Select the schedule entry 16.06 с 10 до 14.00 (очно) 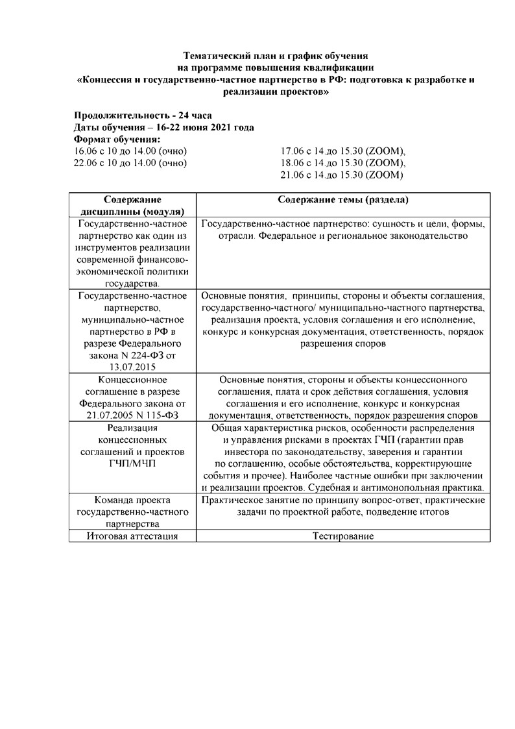tap(130, 151)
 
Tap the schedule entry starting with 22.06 tap(130, 163)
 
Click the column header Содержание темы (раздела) tap(343, 199)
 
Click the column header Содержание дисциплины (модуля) tap(132, 205)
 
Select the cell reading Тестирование tap(343, 536)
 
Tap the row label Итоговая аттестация tap(132, 536)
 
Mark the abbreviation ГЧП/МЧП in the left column tap(132, 463)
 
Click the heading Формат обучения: tap(117, 140)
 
